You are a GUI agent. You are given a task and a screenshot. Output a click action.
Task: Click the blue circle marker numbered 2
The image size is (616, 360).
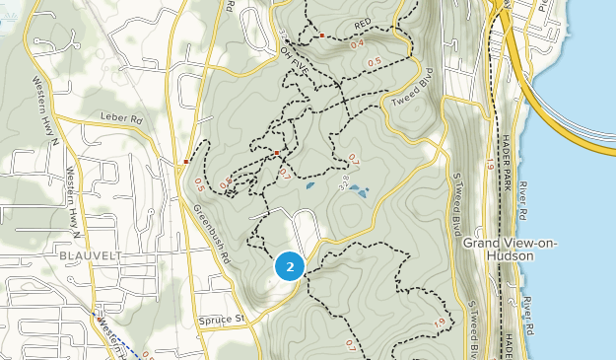point(289,265)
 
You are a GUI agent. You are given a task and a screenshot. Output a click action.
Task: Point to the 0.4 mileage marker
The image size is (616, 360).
point(356,43)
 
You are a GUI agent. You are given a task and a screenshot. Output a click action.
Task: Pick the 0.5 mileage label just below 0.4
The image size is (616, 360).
point(375,62)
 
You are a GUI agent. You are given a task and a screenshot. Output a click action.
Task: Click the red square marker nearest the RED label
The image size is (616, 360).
point(322,36)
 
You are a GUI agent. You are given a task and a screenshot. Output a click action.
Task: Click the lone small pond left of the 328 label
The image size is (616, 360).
point(310,184)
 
